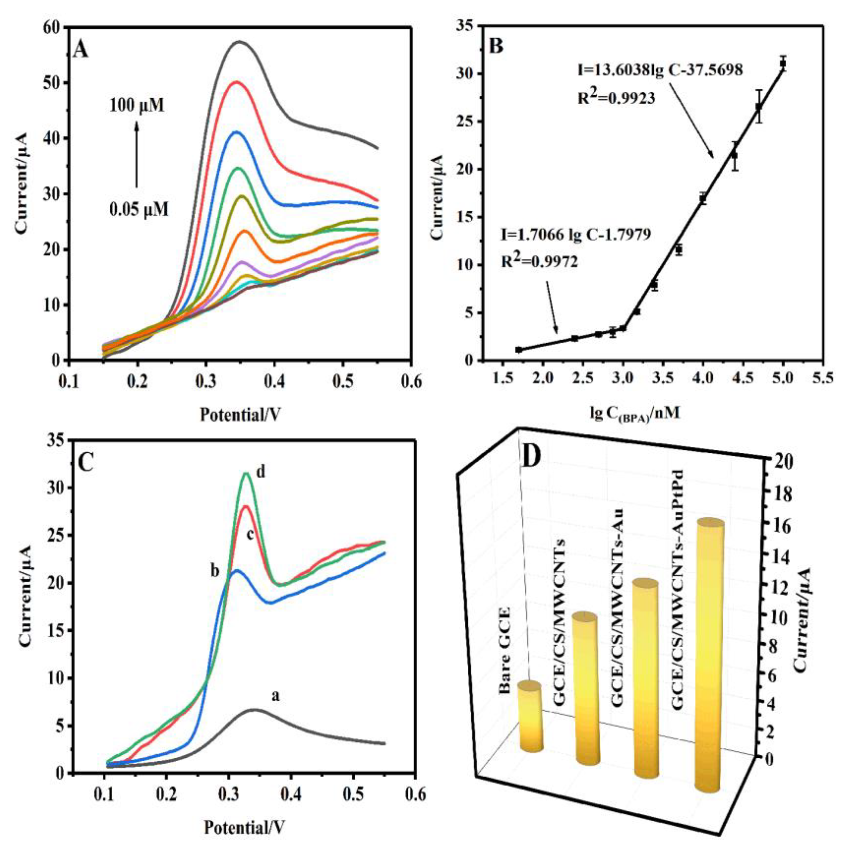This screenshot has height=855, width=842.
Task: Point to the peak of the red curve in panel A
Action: [x=237, y=82]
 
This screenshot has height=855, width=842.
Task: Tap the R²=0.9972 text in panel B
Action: [x=539, y=263]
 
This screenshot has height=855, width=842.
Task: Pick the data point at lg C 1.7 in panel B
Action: [x=519, y=350]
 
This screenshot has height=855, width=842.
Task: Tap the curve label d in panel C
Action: [x=261, y=472]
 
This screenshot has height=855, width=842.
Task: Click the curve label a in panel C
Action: [x=275, y=697]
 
